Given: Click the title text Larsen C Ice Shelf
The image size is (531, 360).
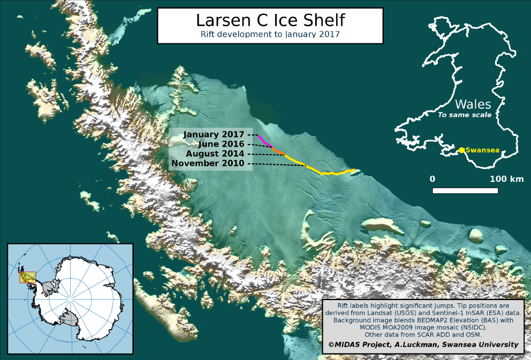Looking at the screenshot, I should coord(270,20).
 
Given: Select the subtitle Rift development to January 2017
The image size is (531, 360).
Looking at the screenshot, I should coord(270,34).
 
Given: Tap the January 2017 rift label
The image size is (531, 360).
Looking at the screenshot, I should coord(214,134).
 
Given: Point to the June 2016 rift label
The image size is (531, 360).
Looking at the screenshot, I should coord(221,144).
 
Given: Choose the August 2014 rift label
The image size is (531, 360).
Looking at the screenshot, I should coord(215,154).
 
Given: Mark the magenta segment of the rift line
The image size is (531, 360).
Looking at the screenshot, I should coord(264,141).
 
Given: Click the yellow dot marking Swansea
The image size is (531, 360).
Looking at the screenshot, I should coord(461,150).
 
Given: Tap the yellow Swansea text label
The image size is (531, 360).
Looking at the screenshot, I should coord(482,150).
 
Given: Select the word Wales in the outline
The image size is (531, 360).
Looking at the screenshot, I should coord(472,104).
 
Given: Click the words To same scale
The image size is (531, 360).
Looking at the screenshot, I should coord(465,115).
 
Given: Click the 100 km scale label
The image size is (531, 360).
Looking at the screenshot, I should coord(506,179).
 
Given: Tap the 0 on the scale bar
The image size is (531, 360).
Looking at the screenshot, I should coord(433,179).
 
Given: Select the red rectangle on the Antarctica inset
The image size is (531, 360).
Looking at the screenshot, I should coord(27,277).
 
